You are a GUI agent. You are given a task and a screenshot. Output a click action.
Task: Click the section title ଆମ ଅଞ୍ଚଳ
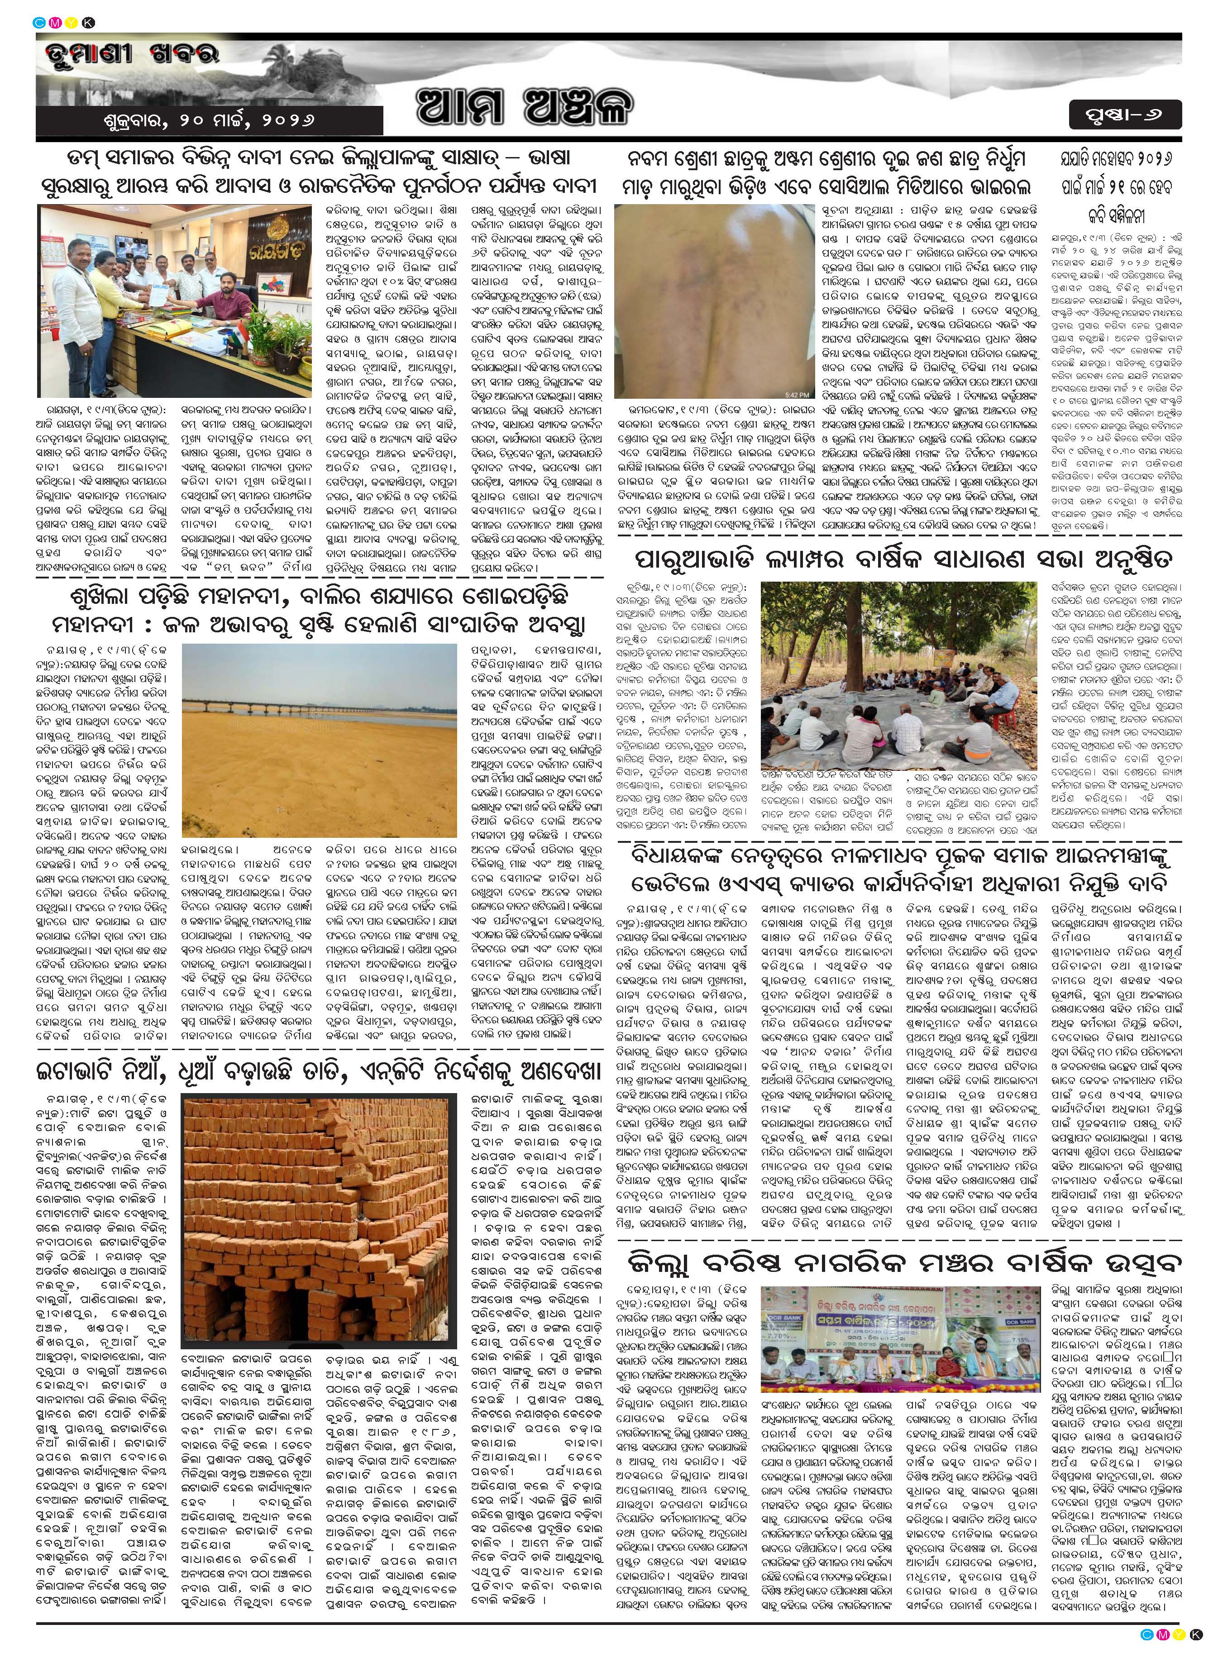[525, 107]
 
